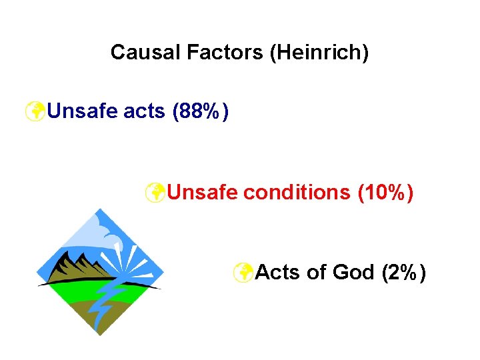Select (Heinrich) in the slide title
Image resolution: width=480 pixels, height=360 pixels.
(318, 52)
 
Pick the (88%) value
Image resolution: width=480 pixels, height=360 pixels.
(201, 111)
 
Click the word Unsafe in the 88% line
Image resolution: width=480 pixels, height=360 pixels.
(84, 111)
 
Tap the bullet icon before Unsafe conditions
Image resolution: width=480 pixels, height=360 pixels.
(155, 192)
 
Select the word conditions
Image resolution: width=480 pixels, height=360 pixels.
(296, 192)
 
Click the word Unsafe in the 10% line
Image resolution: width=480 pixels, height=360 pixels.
(203, 192)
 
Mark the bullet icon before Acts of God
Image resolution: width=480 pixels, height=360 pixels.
(243, 272)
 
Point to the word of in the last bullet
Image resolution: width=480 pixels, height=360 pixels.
(316, 272)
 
